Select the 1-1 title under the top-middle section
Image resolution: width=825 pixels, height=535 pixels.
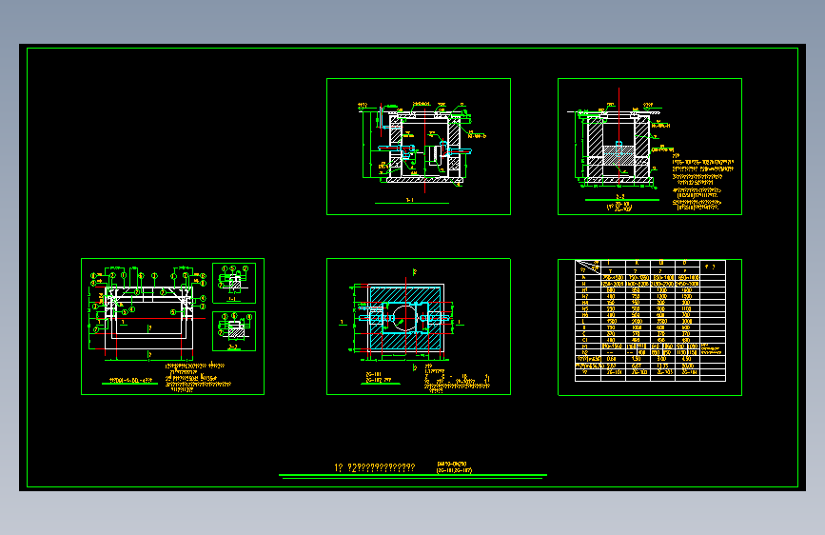(409, 202)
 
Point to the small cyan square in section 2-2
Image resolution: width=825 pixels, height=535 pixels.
(619, 144)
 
